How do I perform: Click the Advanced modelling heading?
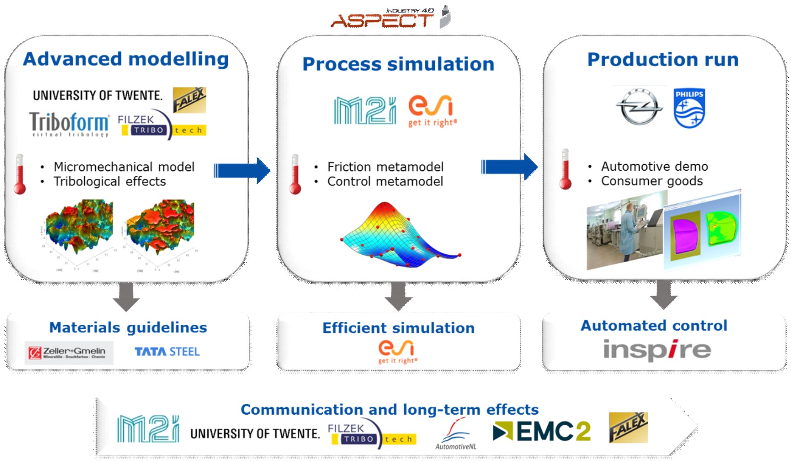126,59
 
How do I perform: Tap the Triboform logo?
69,124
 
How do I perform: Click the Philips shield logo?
689,108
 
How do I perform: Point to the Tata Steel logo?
167,352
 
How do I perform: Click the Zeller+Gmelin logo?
69,353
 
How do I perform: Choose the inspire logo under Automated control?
657,350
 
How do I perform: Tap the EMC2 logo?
542,431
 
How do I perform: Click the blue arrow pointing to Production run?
509,167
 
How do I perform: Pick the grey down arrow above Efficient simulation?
398,296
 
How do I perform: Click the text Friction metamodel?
385,167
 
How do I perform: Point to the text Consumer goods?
652,181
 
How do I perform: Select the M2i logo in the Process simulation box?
365,110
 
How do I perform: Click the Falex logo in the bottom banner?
628,428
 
